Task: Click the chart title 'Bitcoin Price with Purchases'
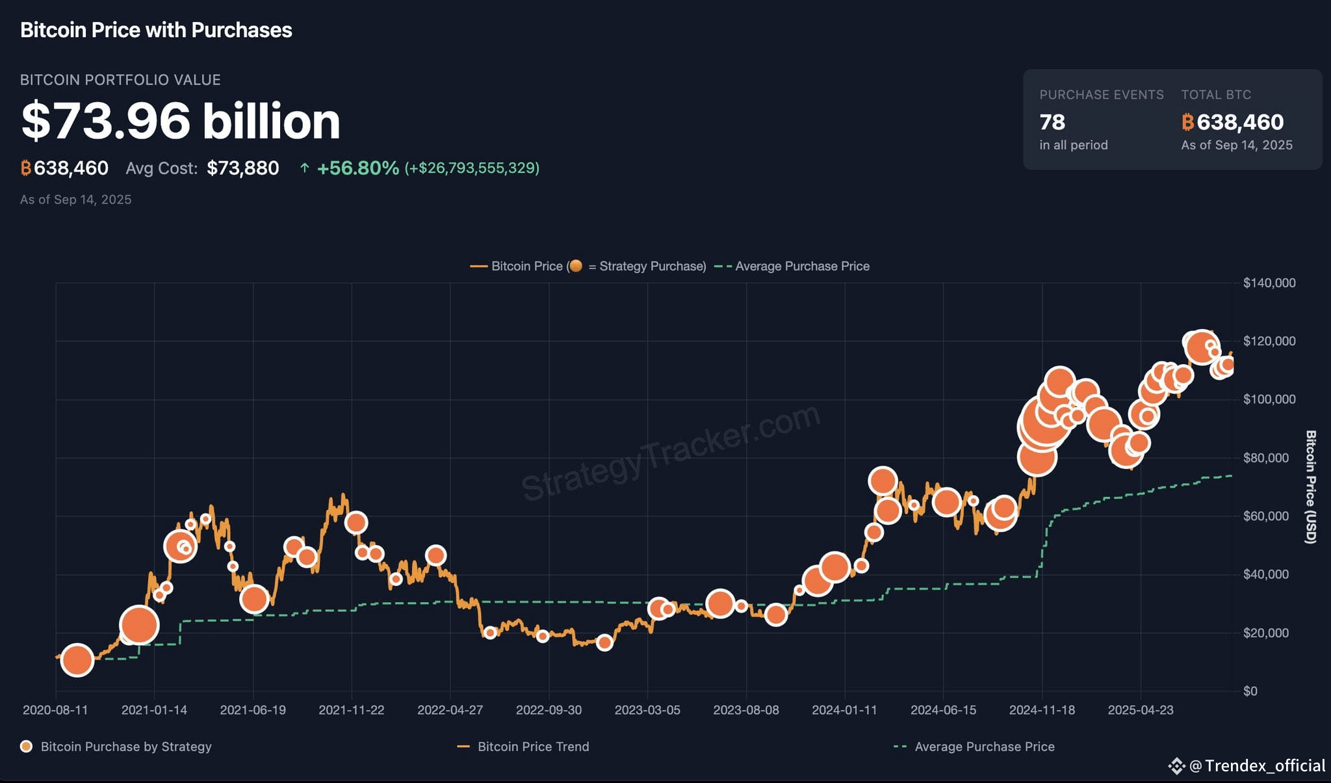point(156,30)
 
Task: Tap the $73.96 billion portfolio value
point(181,121)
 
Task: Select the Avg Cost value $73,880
point(242,168)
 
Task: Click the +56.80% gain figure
point(357,168)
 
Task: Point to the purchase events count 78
point(1052,122)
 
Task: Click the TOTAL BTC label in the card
point(1216,95)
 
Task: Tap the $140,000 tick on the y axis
point(1269,283)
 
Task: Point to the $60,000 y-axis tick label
point(1266,516)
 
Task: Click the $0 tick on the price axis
point(1250,691)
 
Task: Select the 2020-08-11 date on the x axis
point(55,710)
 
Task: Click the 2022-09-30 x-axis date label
point(549,710)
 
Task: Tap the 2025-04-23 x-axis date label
point(1141,710)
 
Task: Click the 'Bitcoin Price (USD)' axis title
point(1311,486)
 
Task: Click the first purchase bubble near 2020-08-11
point(77,661)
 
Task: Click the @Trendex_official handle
point(1258,766)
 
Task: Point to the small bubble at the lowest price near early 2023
point(604,643)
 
